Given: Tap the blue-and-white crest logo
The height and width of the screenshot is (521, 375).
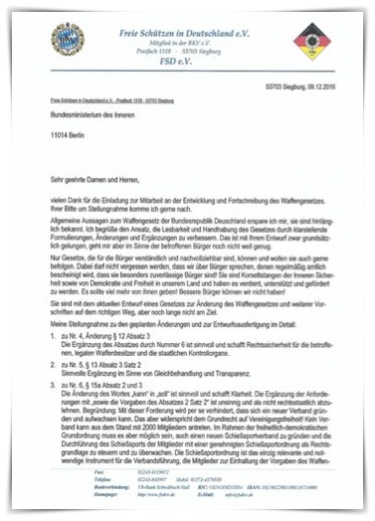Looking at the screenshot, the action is click(x=68, y=41).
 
